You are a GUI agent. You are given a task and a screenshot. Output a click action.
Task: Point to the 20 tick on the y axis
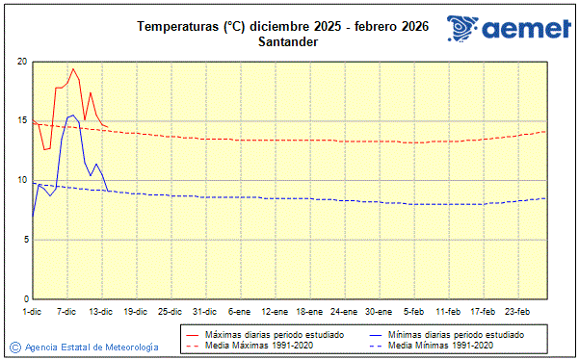click(x=22, y=62)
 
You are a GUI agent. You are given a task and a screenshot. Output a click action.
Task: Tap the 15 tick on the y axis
click(x=22, y=121)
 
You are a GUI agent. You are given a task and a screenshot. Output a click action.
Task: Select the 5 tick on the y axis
click(x=25, y=240)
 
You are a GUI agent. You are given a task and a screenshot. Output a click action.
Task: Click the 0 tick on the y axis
click(x=25, y=299)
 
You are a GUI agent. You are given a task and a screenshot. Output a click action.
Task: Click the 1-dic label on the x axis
click(x=33, y=311)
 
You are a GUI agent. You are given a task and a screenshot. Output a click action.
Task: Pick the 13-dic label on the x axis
click(x=101, y=311)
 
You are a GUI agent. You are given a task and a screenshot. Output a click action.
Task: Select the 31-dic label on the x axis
click(x=204, y=311)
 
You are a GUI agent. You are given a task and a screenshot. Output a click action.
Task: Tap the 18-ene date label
click(x=308, y=311)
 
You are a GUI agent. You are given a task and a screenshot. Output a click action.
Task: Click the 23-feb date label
click(x=517, y=311)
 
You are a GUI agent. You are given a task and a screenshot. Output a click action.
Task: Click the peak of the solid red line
click(x=72, y=68)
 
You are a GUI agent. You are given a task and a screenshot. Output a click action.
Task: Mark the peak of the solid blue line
click(x=72, y=115)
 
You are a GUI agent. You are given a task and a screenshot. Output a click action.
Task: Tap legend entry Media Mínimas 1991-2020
click(x=440, y=344)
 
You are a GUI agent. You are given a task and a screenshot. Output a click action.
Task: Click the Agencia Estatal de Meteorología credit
click(x=85, y=347)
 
